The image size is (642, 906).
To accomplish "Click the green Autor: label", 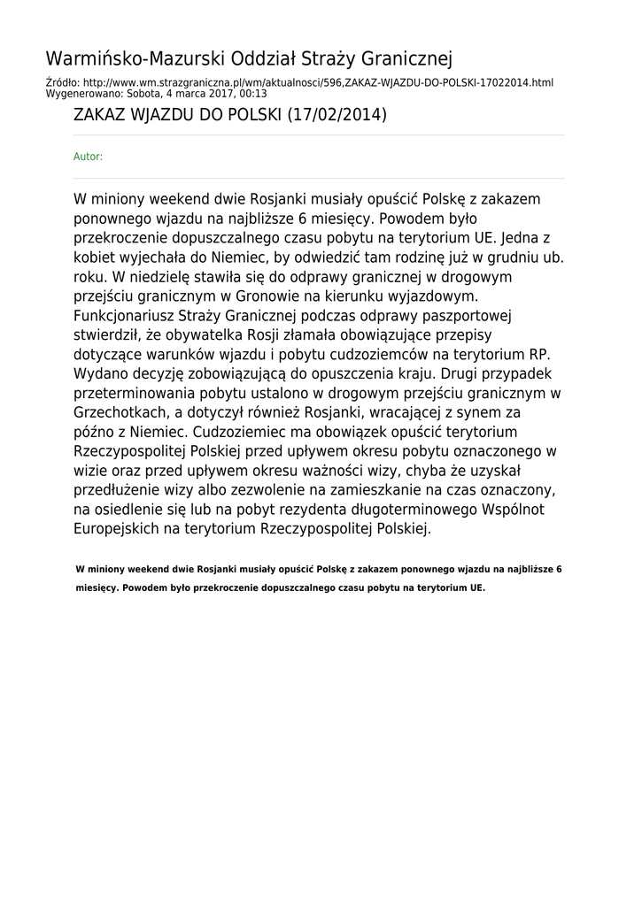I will (x=88, y=157).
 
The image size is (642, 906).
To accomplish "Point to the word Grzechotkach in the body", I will (x=115, y=412).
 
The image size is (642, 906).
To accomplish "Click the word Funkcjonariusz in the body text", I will (x=123, y=316).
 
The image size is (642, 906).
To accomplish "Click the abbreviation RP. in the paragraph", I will (x=539, y=355).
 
